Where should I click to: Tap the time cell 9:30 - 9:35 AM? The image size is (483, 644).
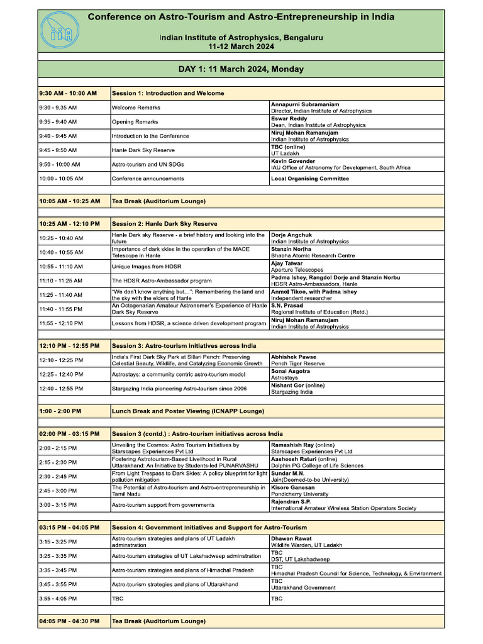pyautogui.click(x=58, y=108)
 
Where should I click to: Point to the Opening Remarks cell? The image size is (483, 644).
pyautogui.click(x=135, y=122)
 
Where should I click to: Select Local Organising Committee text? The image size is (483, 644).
pyautogui.click(x=309, y=179)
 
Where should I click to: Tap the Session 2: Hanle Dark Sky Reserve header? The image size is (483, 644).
pyautogui.click(x=164, y=224)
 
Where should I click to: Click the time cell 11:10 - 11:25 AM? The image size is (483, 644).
pyautogui.click(x=60, y=280)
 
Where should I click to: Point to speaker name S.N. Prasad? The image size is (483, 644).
pyautogui.click(x=288, y=306)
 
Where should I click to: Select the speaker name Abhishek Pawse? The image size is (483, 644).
pyautogui.click(x=294, y=357)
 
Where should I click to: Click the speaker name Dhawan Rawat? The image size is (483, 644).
pyautogui.click(x=291, y=539)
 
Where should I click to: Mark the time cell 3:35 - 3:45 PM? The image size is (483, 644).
pyautogui.click(x=58, y=570)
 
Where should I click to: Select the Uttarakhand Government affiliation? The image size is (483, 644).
pyautogui.click(x=303, y=588)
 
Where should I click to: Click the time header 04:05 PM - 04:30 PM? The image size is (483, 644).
pyautogui.click(x=69, y=621)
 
